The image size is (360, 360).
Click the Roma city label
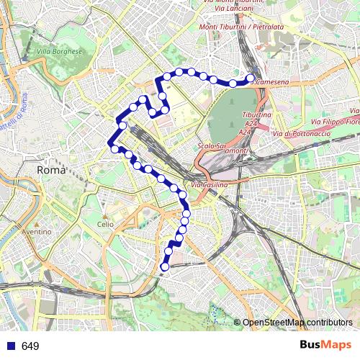(x=51, y=171)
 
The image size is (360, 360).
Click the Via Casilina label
(x=210, y=186)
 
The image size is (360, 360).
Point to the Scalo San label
(x=212, y=146)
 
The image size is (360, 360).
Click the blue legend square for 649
(x=9, y=346)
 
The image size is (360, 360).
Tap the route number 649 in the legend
(x=30, y=346)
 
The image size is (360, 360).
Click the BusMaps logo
(x=324, y=346)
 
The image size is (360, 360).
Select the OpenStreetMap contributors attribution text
(x=297, y=323)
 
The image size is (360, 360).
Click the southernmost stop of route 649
(x=164, y=267)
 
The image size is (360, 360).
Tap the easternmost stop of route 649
(x=251, y=78)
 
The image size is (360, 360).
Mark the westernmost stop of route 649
(x=114, y=149)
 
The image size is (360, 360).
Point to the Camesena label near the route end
(x=273, y=83)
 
